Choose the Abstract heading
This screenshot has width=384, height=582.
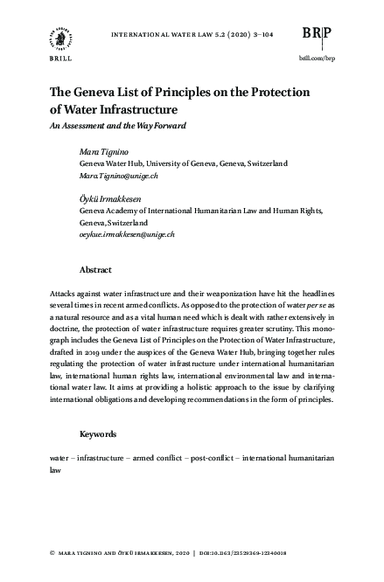pos(95,270)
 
